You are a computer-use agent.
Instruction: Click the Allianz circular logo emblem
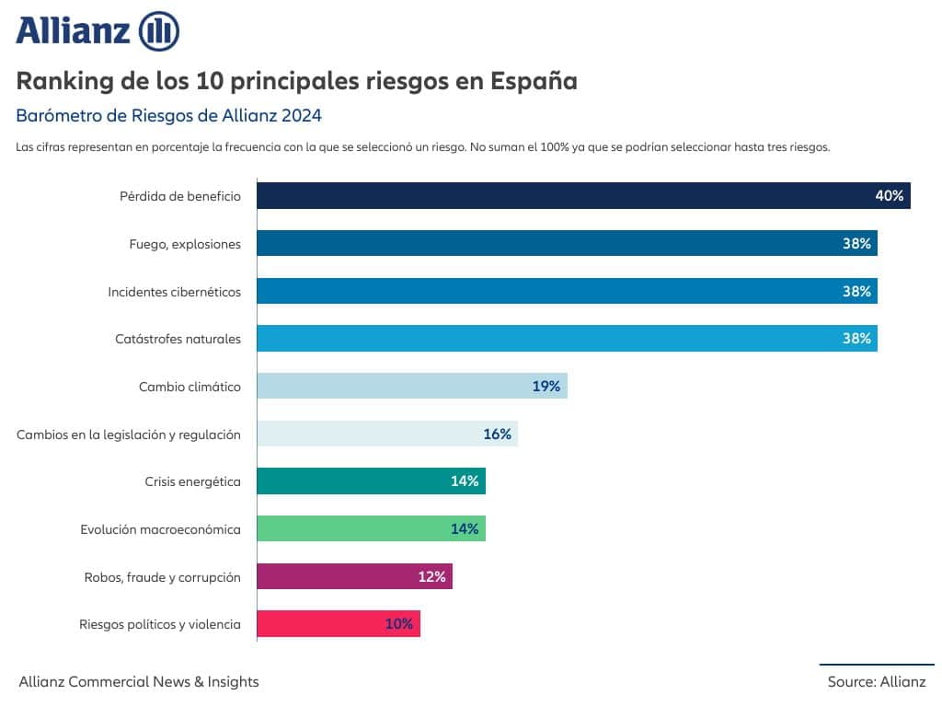[159, 31]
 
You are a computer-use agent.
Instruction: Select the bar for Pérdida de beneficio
[583, 195]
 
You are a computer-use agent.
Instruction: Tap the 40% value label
[890, 196]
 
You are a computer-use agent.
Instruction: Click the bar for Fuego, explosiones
[567, 243]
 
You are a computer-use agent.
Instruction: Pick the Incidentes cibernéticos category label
[174, 292]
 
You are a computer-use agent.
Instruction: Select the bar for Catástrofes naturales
[567, 339]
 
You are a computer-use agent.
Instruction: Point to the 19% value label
[546, 386]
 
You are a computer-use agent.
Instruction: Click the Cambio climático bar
[412, 386]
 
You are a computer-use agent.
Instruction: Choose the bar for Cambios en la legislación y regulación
[387, 434]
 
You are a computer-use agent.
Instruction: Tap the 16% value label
[497, 435]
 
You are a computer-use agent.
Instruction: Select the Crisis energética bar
[372, 481]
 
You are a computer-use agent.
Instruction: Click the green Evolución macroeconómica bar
[372, 528]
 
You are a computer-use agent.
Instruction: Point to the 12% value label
[431, 577]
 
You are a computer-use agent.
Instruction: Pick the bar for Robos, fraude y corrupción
[354, 576]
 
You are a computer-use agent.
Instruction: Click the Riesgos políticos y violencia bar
[339, 623]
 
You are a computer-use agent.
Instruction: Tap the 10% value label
[399, 624]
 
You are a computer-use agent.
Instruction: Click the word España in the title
[534, 81]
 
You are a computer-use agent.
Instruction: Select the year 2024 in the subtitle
[302, 115]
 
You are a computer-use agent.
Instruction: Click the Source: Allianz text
[877, 682]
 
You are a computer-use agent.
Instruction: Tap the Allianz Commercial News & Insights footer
[139, 682]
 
